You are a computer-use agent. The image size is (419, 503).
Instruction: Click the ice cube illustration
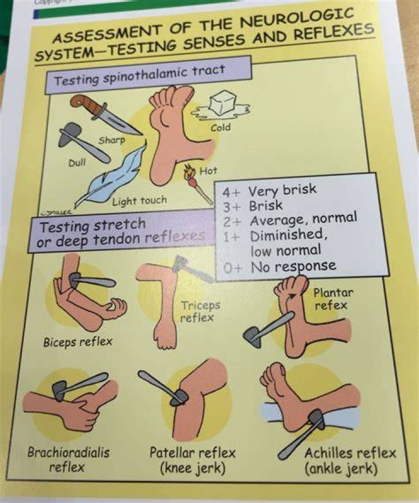click(x=221, y=104)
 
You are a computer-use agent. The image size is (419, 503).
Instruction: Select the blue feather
click(x=109, y=176)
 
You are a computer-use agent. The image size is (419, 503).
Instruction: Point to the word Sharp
click(x=112, y=140)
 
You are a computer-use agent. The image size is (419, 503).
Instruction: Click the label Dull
click(x=77, y=162)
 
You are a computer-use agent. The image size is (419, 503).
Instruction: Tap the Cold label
click(x=220, y=127)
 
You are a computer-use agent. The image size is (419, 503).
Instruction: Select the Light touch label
click(x=140, y=201)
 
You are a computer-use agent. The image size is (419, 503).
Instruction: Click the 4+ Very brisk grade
click(x=269, y=190)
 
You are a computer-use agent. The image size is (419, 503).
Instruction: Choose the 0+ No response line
click(x=279, y=266)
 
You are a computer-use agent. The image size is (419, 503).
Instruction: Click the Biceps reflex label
click(x=77, y=342)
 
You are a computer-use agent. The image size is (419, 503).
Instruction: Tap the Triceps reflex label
click(x=200, y=311)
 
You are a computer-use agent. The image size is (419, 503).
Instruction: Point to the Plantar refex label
click(x=332, y=299)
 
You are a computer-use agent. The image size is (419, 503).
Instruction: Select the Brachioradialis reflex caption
click(x=68, y=459)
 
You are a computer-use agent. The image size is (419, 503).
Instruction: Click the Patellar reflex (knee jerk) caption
click(x=193, y=461)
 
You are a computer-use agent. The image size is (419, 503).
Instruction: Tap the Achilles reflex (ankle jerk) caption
click(x=349, y=461)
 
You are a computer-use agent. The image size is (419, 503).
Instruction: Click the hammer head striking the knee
click(x=179, y=398)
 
